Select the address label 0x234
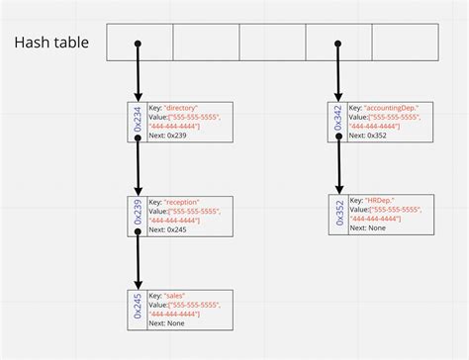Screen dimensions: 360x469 [x=139, y=119]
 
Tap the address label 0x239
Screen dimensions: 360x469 [x=139, y=215]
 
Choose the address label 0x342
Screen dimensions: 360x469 [x=338, y=119]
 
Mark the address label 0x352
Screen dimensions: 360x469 [x=338, y=213]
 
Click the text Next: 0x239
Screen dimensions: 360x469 [x=168, y=135]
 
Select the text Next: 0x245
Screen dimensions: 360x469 [x=168, y=230]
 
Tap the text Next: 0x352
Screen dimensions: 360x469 [x=368, y=135]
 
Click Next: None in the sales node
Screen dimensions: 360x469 [x=166, y=324]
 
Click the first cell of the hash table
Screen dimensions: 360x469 [x=140, y=43]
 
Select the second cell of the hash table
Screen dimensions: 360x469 [x=206, y=43]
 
